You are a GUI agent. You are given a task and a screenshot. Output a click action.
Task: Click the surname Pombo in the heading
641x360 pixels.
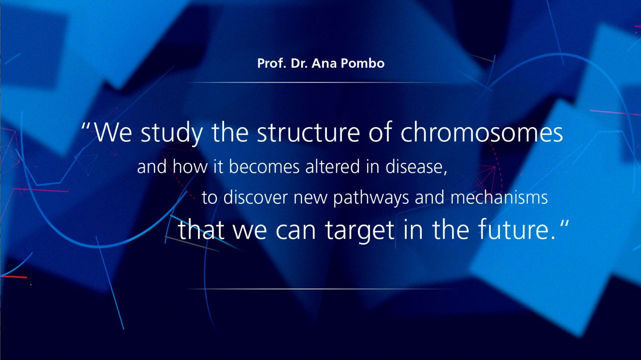click(x=363, y=63)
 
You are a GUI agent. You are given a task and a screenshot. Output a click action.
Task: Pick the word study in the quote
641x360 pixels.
click(x=172, y=133)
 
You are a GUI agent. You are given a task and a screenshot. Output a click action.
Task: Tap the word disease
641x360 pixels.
click(x=414, y=167)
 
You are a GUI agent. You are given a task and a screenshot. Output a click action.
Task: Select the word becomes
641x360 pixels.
click(x=264, y=167)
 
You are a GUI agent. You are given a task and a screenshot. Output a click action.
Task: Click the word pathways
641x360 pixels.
click(x=371, y=198)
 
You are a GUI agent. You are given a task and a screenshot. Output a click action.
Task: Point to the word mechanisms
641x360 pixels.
click(x=499, y=197)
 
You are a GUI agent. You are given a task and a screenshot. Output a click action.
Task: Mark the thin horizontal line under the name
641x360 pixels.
click(x=321, y=83)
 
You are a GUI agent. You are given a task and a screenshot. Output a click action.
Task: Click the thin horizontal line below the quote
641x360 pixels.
click(x=321, y=289)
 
